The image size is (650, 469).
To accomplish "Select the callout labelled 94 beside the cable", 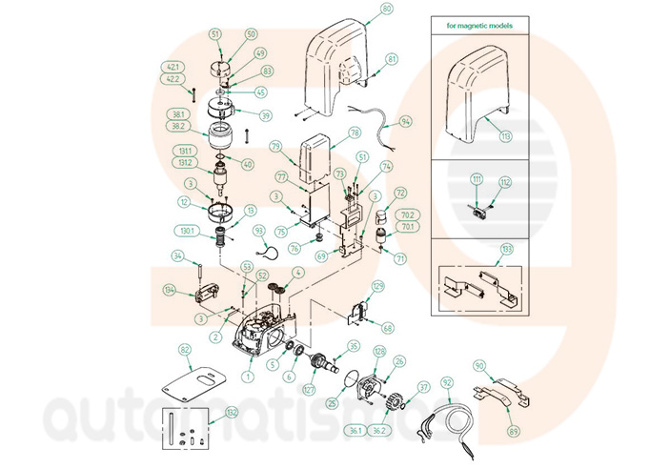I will pos(406,122).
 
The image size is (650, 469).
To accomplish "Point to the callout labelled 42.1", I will pos(173,67).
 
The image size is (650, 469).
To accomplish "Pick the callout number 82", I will pos(185,351).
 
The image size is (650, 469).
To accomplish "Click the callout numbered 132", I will pos(232,413).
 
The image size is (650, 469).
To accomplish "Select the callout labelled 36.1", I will pos(355,431).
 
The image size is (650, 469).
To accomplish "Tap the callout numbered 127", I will pos(308,389).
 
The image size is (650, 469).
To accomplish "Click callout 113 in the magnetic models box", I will pos(505,136).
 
